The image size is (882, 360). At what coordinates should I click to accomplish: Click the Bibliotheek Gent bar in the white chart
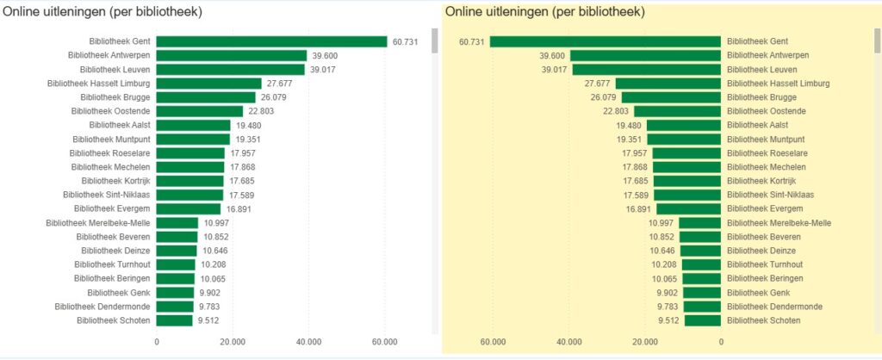pos(271,41)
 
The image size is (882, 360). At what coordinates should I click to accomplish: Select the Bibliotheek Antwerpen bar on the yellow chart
pos(645,55)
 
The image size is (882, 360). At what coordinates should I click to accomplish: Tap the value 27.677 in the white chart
pos(280,84)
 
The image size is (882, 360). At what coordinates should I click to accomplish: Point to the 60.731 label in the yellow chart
pos(472,41)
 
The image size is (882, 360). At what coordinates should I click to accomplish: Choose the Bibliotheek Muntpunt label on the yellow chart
pos(766,139)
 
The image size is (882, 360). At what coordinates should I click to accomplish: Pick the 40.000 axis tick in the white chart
pos(308,341)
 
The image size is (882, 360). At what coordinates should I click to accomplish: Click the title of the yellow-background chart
pos(545,12)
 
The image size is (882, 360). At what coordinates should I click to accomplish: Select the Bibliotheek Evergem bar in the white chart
pos(189,208)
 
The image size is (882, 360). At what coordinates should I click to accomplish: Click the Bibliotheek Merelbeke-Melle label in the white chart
pos(101,222)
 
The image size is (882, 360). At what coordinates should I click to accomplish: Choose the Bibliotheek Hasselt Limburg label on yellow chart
pos(778,84)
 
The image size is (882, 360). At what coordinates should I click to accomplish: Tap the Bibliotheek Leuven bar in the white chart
pos(230,69)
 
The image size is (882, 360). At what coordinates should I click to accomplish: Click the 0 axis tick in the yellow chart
pos(721,341)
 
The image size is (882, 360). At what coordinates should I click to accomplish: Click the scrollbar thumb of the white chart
pos(435,41)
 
